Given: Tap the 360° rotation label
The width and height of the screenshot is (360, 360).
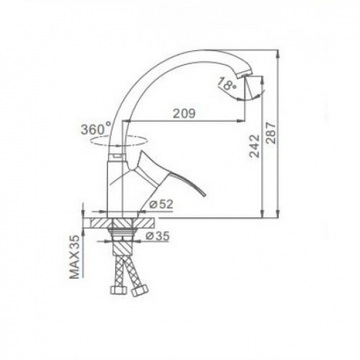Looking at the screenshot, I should pyautogui.click(x=97, y=128).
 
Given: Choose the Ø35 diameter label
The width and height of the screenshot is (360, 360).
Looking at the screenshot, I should pyautogui.click(x=160, y=236).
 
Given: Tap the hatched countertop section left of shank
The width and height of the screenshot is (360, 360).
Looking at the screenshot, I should pyautogui.click(x=98, y=223).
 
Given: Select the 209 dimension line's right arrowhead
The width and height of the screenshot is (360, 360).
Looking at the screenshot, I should pyautogui.click(x=239, y=121).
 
